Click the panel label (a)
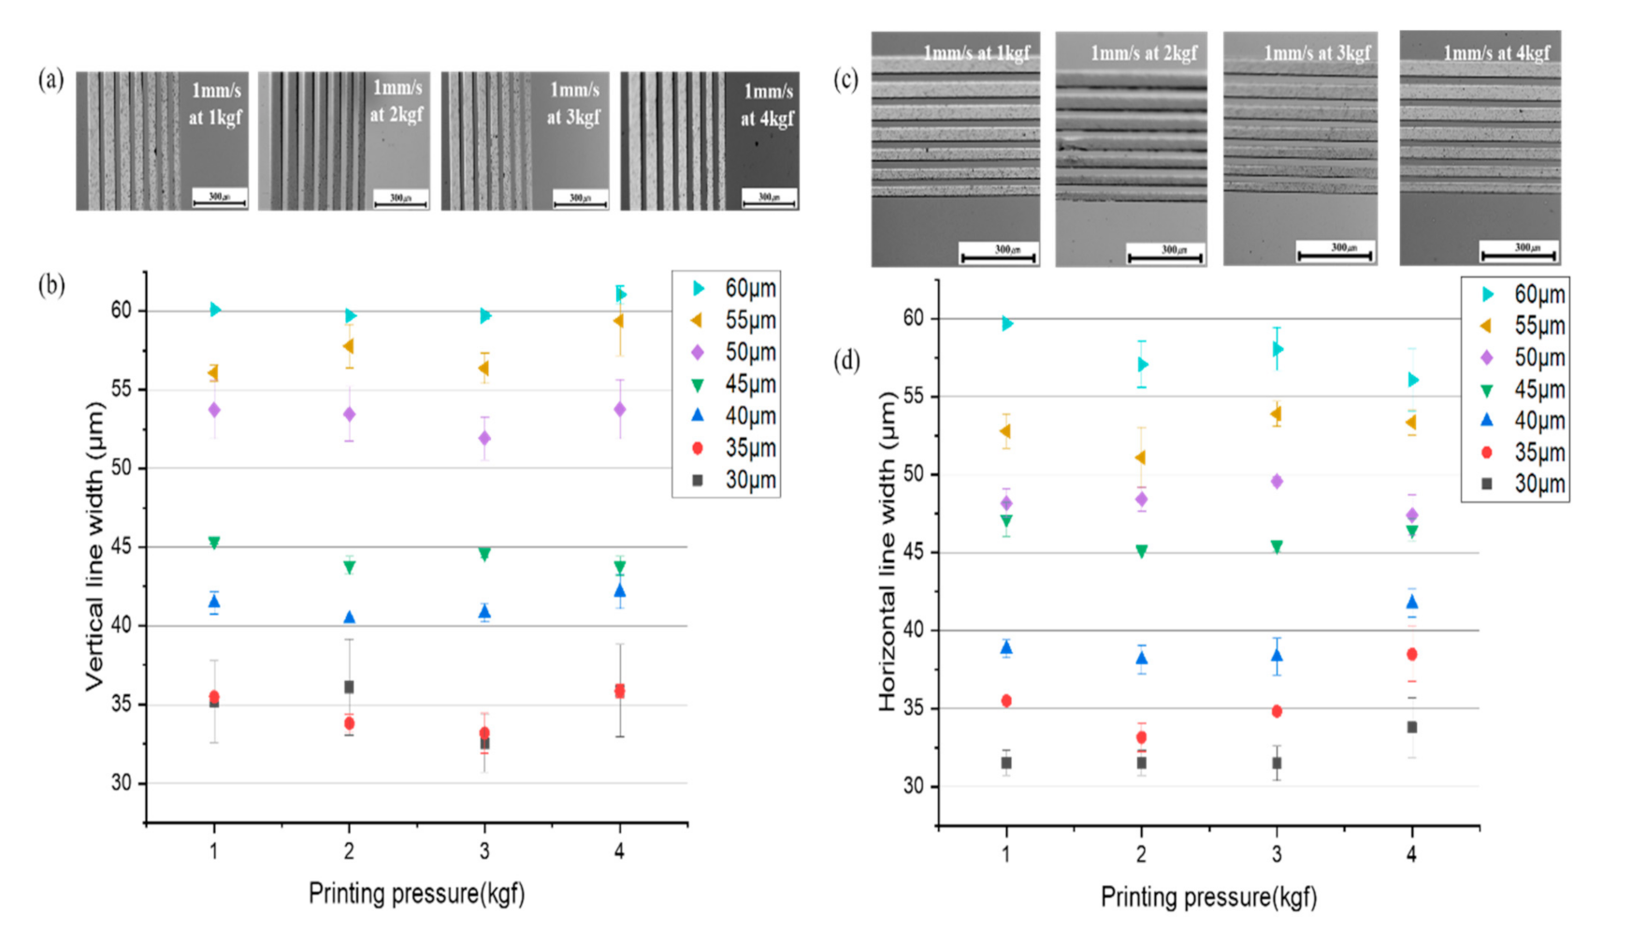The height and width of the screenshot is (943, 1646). click(x=51, y=80)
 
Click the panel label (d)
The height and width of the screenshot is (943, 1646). click(x=846, y=361)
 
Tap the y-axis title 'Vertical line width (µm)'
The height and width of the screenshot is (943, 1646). click(x=94, y=546)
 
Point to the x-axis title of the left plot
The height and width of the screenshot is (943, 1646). click(x=416, y=893)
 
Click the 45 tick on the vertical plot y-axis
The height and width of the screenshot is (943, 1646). click(x=122, y=546)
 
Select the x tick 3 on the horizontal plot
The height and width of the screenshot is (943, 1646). click(x=1276, y=853)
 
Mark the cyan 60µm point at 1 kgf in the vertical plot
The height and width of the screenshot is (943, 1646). click(x=215, y=310)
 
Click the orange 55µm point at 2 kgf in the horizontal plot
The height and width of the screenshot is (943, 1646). click(x=1140, y=457)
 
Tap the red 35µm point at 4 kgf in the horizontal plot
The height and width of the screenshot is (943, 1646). click(x=1411, y=654)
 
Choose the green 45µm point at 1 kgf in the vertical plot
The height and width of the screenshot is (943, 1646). click(x=214, y=543)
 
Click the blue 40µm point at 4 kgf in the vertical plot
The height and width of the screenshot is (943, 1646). click(x=619, y=590)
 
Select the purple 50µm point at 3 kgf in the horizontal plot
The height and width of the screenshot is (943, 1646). click(x=1277, y=482)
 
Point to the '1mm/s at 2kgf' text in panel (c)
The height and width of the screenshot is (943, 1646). click(x=1143, y=53)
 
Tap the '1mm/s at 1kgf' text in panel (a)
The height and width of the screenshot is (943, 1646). click(x=215, y=104)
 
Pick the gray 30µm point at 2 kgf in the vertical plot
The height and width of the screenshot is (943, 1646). click(x=349, y=687)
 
